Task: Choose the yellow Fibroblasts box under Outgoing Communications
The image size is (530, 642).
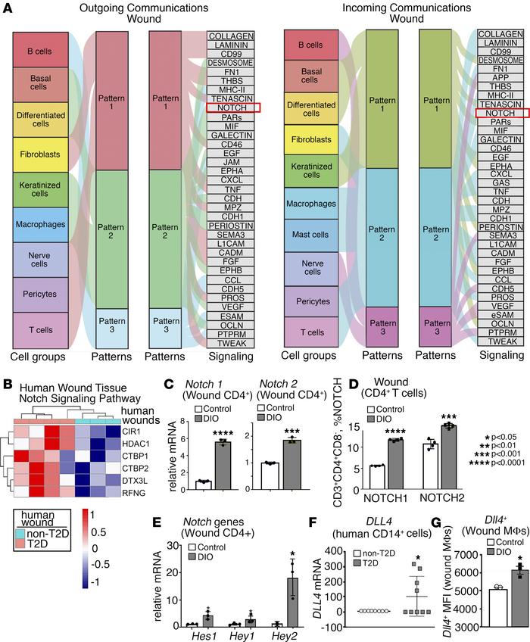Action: click(x=42, y=164)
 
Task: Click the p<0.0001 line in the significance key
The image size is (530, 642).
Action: click(x=498, y=463)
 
